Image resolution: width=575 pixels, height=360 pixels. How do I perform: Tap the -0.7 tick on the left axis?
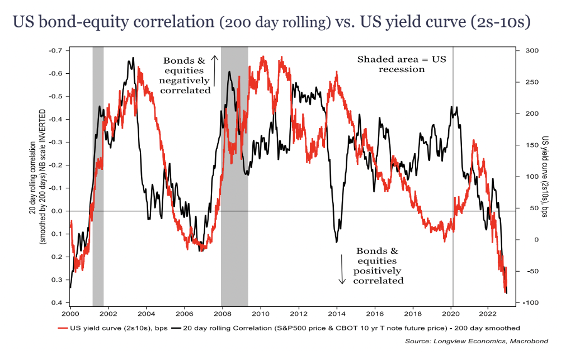point(56,50)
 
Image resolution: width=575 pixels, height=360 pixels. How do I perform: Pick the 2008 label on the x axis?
point(222,307)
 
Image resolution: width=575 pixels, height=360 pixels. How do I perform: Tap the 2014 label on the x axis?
point(337,307)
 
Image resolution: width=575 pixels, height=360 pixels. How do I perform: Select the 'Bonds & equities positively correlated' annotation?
point(378,266)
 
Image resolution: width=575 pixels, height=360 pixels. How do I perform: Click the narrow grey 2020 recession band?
point(453,168)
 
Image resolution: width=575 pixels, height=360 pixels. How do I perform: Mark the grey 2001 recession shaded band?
point(98,168)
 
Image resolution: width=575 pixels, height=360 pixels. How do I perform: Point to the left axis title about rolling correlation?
point(37,176)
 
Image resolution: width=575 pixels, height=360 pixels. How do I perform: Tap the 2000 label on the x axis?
point(70,307)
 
